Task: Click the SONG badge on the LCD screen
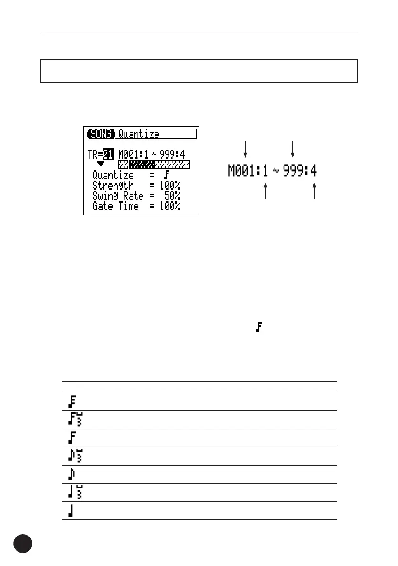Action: (101, 134)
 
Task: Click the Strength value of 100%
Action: (170, 185)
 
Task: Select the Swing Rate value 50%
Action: (172, 196)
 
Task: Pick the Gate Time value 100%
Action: (170, 206)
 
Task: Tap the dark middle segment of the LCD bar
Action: (142, 165)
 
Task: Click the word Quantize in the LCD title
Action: (139, 134)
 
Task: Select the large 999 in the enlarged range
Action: (293, 171)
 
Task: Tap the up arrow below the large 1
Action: (266, 192)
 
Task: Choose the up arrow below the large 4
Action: (314, 192)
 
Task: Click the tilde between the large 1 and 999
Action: (275, 171)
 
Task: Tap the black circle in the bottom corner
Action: (23, 544)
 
